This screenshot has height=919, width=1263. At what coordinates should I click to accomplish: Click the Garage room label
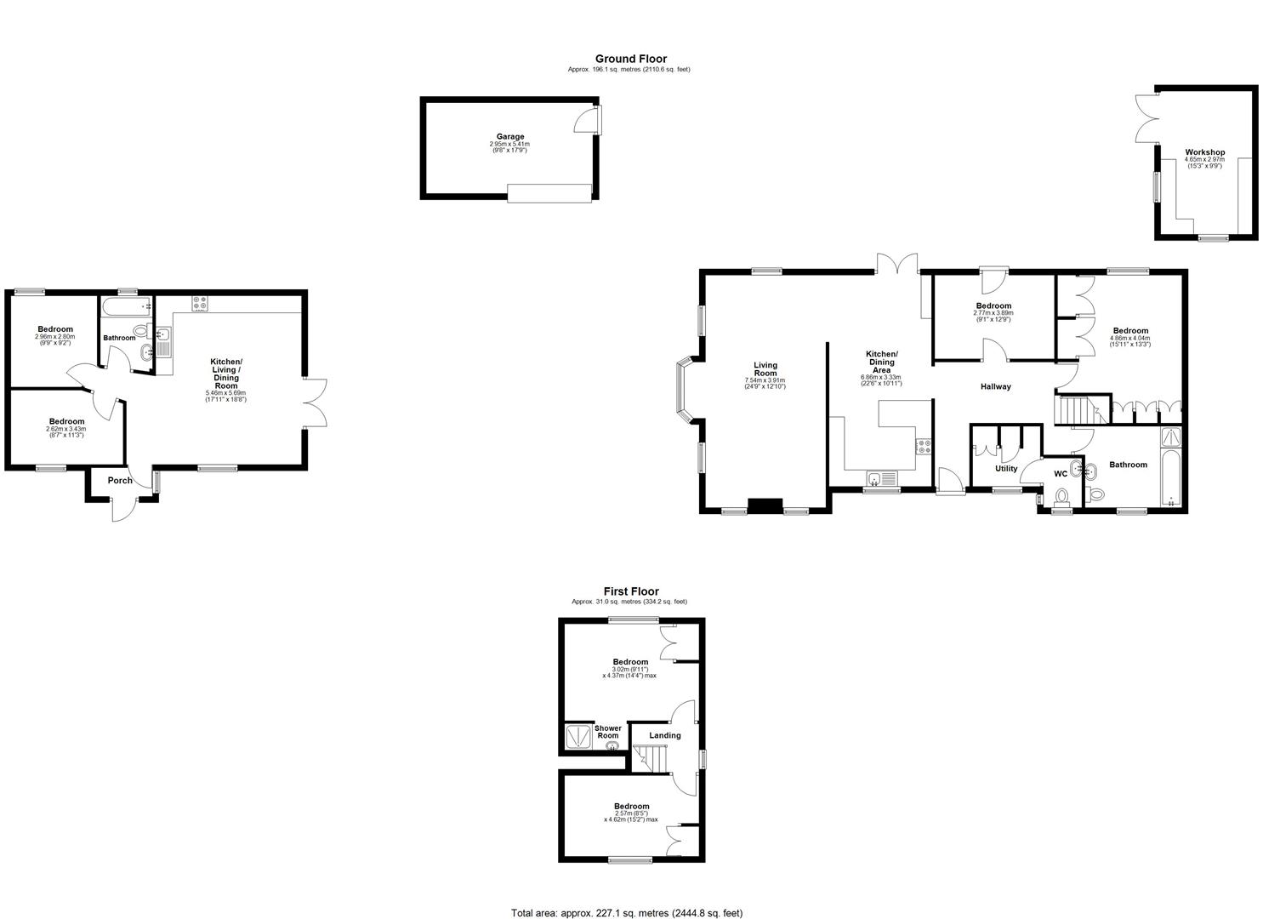(x=510, y=136)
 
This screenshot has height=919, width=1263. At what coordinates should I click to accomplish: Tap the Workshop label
(x=1204, y=153)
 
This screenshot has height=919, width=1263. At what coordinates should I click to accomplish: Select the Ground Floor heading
(x=630, y=59)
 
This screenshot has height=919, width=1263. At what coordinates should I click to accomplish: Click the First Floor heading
(x=630, y=591)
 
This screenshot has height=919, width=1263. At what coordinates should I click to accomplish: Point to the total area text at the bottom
(x=627, y=912)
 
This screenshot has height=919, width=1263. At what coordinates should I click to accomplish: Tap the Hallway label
(x=995, y=386)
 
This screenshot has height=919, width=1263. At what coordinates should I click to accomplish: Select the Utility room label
(x=1005, y=468)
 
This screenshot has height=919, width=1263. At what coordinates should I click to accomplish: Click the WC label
(x=1060, y=473)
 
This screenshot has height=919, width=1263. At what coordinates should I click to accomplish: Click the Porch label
(x=120, y=480)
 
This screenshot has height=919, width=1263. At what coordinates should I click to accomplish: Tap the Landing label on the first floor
(x=664, y=735)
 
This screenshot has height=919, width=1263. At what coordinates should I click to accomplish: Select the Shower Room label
(x=607, y=732)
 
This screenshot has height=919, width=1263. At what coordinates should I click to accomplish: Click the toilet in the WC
(x=1061, y=496)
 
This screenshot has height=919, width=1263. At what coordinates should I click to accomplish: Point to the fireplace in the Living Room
(x=764, y=505)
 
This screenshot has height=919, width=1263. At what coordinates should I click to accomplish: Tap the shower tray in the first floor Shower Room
(x=577, y=736)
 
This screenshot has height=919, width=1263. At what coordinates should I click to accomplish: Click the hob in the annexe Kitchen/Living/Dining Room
(x=201, y=302)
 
